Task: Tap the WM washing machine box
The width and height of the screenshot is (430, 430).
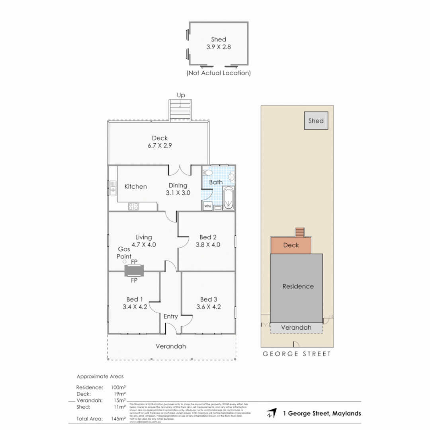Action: tap(207, 206)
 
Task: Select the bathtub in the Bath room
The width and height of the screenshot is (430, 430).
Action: tap(229, 198)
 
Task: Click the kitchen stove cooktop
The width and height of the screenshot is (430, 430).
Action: tap(133, 206)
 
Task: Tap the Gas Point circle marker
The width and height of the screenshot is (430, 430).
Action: tap(125, 262)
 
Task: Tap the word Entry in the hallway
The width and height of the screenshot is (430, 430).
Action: tap(171, 317)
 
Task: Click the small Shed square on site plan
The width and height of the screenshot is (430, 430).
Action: tap(316, 121)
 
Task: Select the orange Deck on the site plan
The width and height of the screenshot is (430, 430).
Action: tap(291, 245)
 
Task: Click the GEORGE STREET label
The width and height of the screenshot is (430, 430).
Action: tap(297, 354)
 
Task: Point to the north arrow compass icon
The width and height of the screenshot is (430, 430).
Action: tap(272, 413)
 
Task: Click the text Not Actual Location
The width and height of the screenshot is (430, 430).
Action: tap(219, 73)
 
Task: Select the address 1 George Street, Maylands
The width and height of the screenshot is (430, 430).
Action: tap(322, 413)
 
